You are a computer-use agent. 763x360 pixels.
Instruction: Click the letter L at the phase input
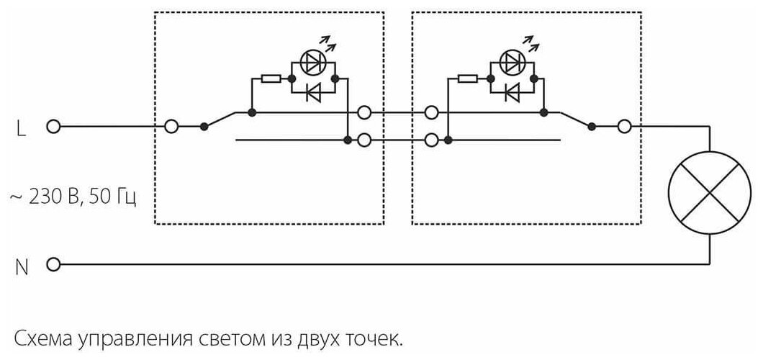coord(20,127)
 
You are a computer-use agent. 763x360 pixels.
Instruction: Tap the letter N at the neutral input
coord(22,266)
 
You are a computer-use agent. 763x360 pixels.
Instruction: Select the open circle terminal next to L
coord(52,127)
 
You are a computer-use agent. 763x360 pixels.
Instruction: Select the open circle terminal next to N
coord(52,265)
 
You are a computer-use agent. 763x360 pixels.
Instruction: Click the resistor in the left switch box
coord(271,77)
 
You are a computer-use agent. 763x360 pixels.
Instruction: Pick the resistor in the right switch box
coord(468,77)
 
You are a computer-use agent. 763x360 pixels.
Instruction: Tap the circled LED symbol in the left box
coord(312,63)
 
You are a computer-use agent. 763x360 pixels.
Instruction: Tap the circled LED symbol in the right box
coord(510,63)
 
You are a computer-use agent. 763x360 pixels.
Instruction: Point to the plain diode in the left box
coord(313,92)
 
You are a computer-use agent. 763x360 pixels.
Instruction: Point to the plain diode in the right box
coord(512,92)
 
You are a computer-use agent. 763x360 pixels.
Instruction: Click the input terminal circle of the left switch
coord(171,127)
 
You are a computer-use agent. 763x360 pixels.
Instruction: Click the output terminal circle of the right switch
coord(623,127)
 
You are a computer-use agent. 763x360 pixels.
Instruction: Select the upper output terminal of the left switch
coord(364,112)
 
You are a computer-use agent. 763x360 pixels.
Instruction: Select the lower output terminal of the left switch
coord(364,140)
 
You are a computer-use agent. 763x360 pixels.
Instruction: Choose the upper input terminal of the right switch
coord(432,112)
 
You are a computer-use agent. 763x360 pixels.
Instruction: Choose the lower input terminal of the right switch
coord(432,140)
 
